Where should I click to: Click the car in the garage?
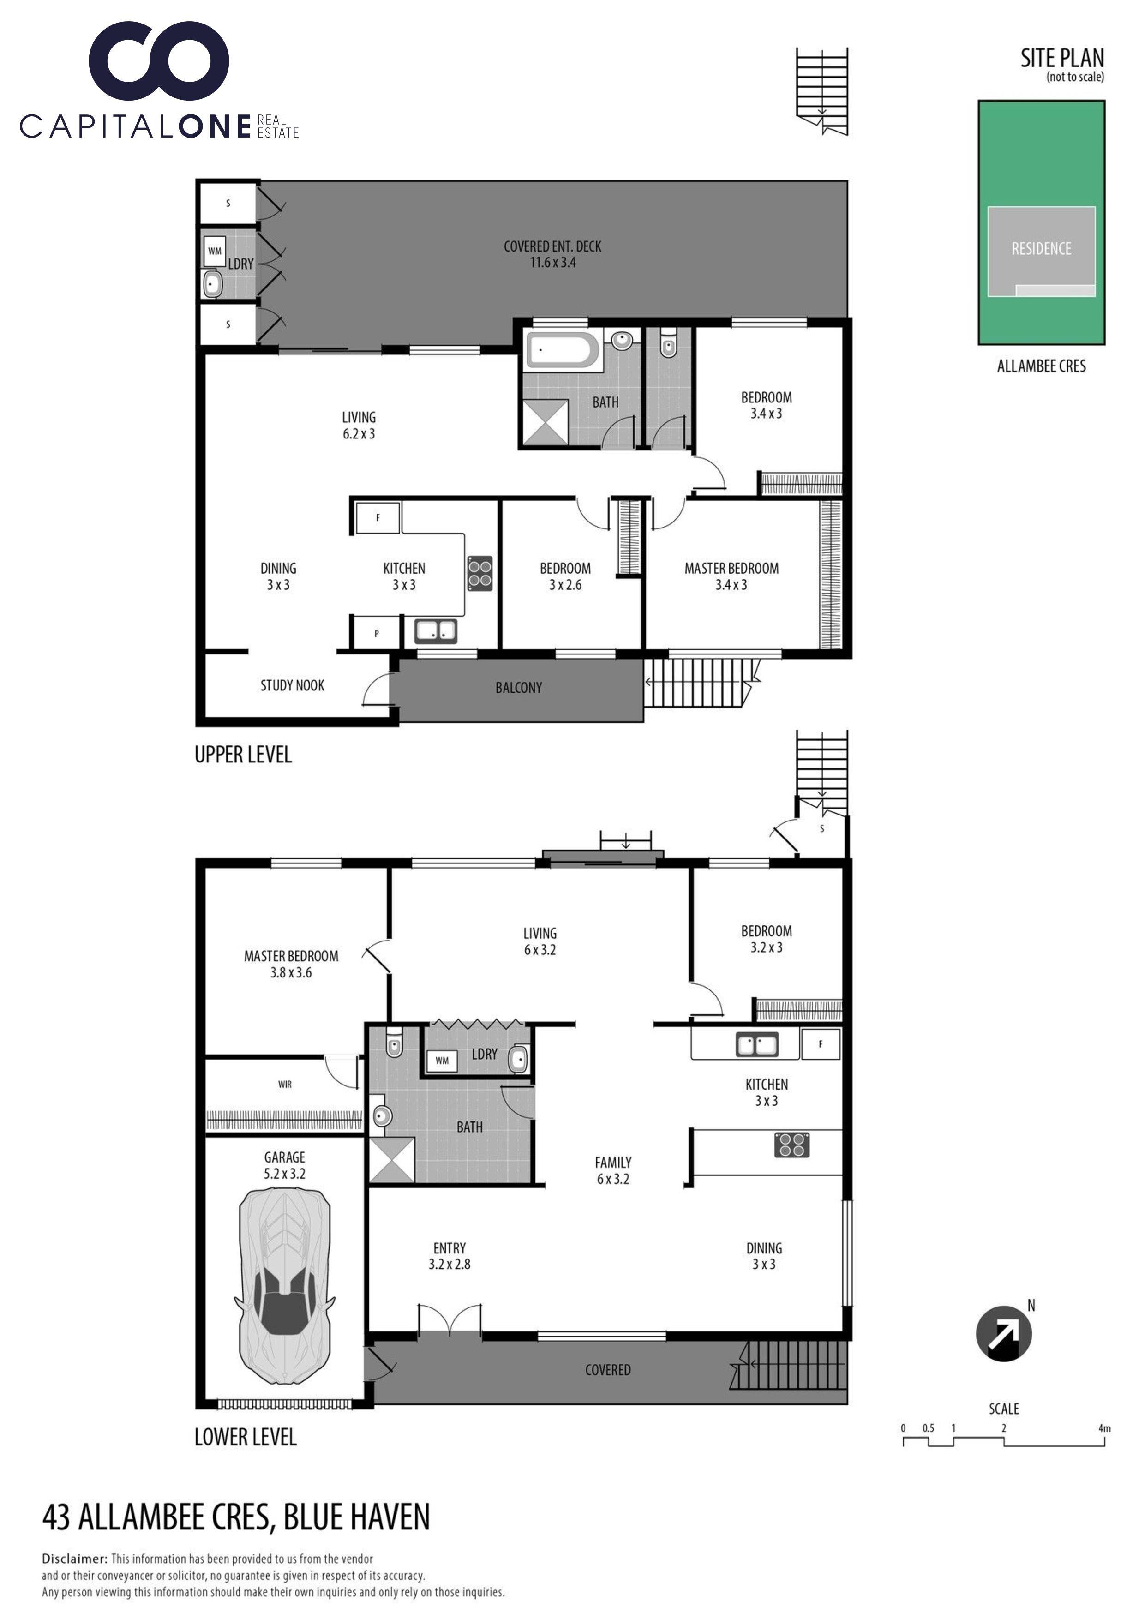click(285, 1287)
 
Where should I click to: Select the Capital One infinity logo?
click(159, 61)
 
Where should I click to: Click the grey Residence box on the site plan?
click(1041, 251)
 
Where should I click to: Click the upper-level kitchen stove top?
click(480, 573)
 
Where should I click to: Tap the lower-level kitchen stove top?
click(792, 1145)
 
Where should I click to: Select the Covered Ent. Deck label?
click(553, 254)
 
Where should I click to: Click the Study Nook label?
click(293, 685)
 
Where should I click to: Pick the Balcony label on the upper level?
click(519, 688)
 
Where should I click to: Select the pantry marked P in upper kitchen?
click(377, 633)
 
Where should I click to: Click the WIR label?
click(285, 1085)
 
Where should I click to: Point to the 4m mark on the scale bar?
click(1104, 1428)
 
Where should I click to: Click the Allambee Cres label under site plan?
click(1041, 366)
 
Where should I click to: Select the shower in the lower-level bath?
click(392, 1159)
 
